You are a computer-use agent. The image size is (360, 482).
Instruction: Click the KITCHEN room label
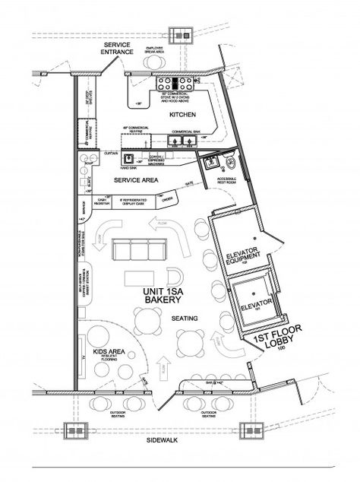pyautogui.click(x=183, y=114)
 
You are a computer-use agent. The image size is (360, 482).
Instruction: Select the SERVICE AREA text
pyautogui.click(x=134, y=180)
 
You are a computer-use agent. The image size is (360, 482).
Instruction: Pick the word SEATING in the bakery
pyautogui.click(x=184, y=317)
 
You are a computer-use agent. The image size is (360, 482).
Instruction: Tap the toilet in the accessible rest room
pyautogui.click(x=229, y=161)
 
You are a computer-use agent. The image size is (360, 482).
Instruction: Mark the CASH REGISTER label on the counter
pyautogui.click(x=106, y=200)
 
